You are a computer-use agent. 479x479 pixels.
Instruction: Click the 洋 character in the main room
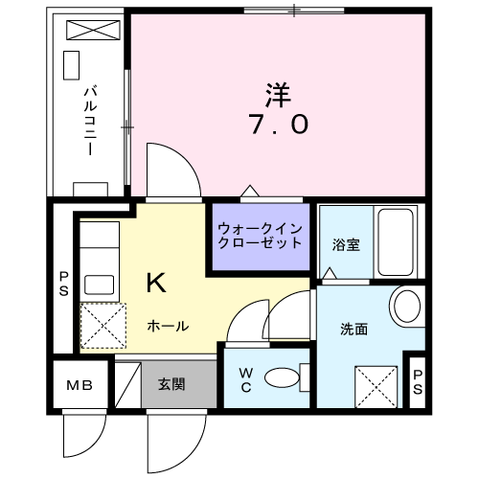tap(278, 95)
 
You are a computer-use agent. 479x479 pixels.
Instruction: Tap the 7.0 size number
tap(279, 125)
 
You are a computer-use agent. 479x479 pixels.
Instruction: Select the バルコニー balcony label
tap(90, 120)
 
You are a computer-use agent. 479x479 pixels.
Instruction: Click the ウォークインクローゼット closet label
tap(260, 237)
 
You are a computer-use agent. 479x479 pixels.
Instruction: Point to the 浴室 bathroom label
tap(346, 244)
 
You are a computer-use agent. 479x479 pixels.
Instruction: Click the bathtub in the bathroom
tap(396, 242)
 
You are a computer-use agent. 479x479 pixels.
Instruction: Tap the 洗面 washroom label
tap(354, 330)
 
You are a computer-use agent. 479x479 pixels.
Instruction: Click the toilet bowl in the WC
tap(283, 377)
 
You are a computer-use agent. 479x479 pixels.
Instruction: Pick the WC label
tap(246, 380)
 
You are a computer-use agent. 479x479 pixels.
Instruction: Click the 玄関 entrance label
tap(171, 384)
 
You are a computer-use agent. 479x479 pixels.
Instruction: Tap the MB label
tap(80, 385)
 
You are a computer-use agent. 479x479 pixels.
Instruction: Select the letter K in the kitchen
tap(156, 283)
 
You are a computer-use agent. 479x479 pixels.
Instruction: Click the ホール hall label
tap(168, 327)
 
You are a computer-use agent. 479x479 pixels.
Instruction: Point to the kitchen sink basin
tap(99, 285)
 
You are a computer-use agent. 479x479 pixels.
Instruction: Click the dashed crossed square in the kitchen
tap(103, 326)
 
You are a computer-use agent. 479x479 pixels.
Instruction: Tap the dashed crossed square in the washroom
tap(376, 387)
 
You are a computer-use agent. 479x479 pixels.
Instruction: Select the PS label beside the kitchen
tap(64, 284)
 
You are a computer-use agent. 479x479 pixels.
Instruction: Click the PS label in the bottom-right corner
tap(418, 382)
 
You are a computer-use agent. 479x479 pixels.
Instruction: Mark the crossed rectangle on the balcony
tap(93, 30)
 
